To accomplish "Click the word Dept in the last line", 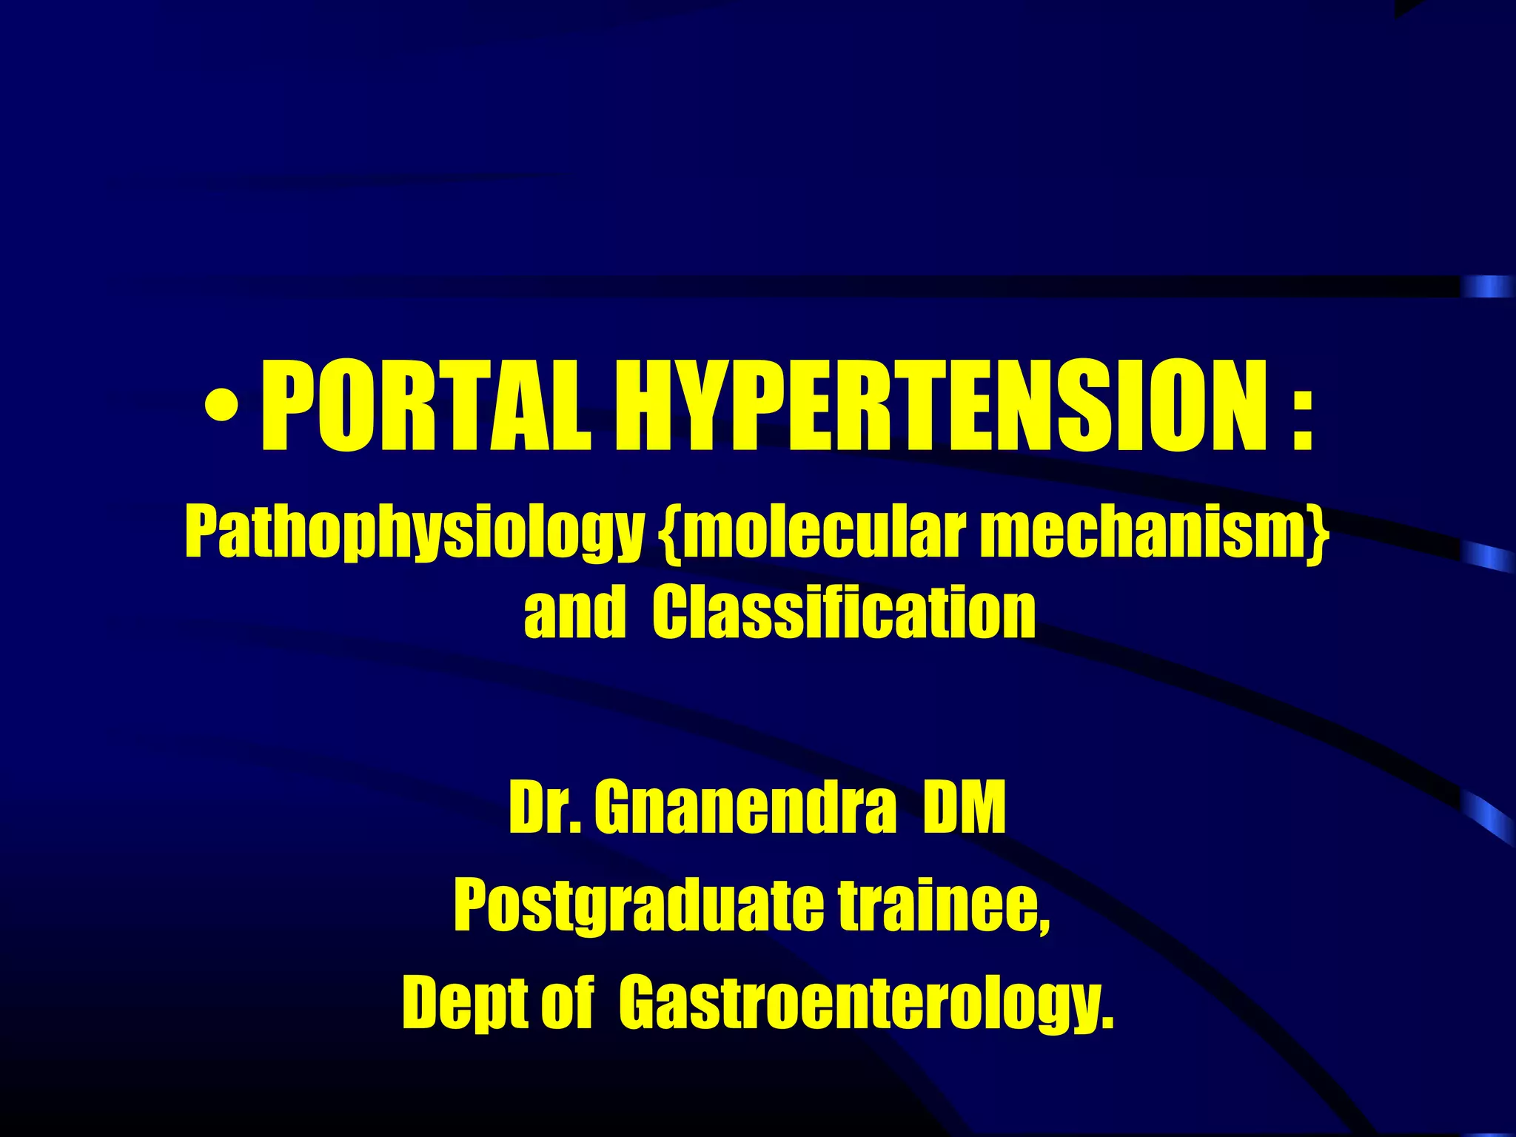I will click(x=463, y=1004).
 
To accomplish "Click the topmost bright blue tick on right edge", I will click(x=1488, y=286).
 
